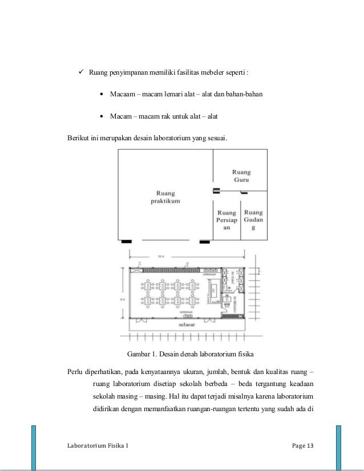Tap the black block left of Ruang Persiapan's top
(217, 190)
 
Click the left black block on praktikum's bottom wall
(126, 241)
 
